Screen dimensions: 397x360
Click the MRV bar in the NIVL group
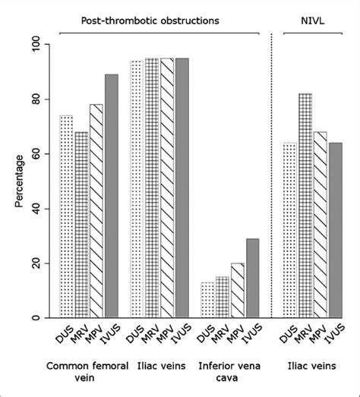tap(298, 206)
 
